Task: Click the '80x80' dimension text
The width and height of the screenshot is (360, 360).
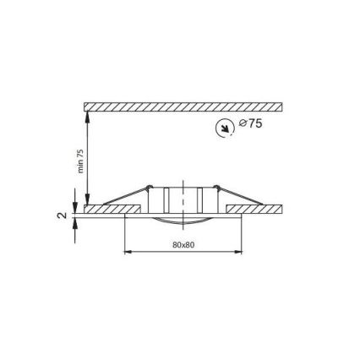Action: point(183,245)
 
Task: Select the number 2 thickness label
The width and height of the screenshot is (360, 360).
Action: point(61,215)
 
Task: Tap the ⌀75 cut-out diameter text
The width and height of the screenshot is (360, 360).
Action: point(251,124)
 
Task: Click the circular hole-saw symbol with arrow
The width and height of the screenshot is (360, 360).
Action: point(225,128)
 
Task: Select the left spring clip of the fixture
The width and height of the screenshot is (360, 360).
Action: point(131,197)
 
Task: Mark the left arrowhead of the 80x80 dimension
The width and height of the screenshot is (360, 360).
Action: point(128,251)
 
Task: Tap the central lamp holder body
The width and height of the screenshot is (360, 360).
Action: point(183,199)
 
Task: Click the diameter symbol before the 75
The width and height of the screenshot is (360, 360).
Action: point(243,124)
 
